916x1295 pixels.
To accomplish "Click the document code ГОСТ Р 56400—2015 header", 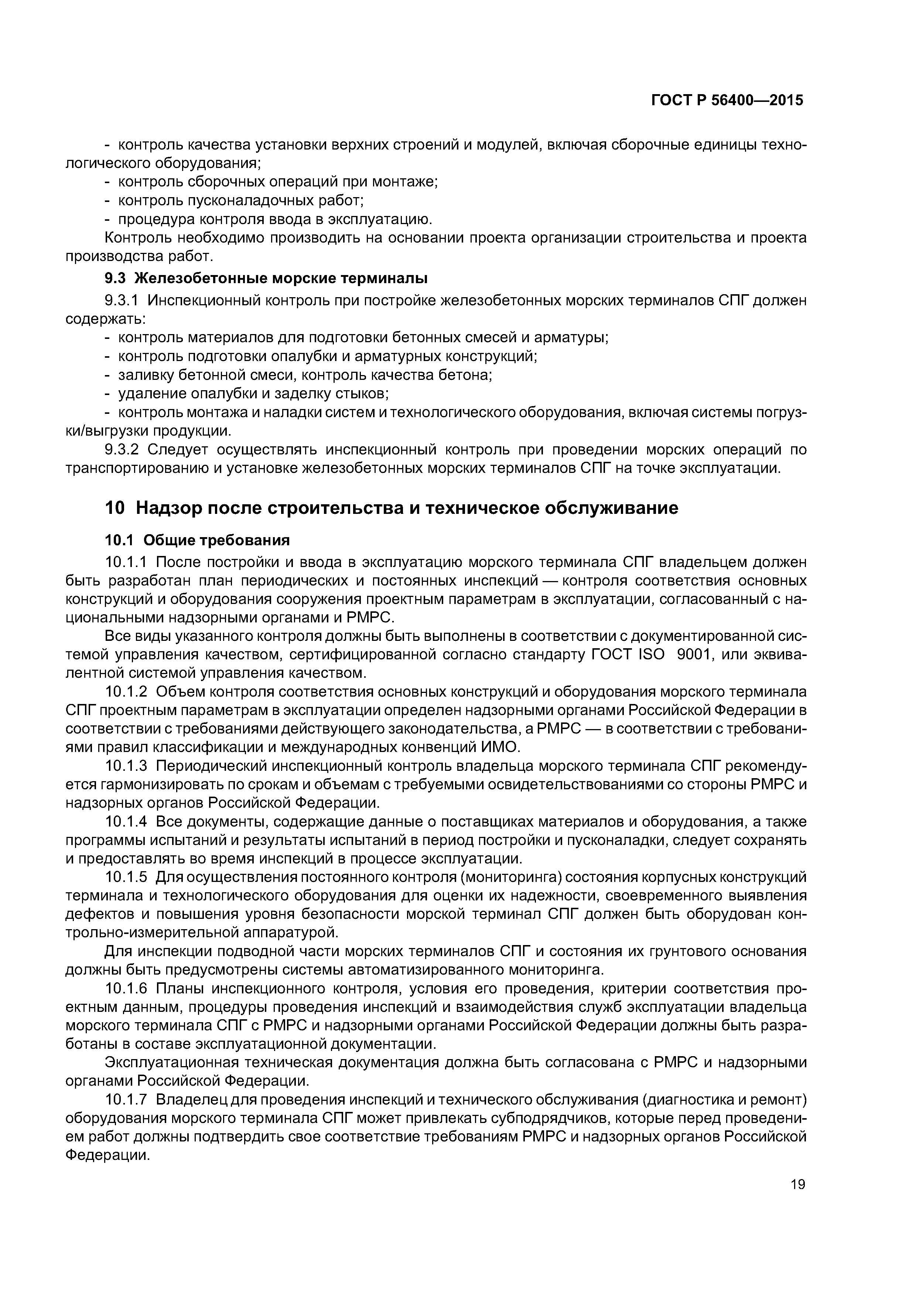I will (x=727, y=100).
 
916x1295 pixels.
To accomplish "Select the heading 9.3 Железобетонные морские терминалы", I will (x=266, y=279).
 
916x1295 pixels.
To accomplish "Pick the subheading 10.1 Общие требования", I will (x=197, y=540).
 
